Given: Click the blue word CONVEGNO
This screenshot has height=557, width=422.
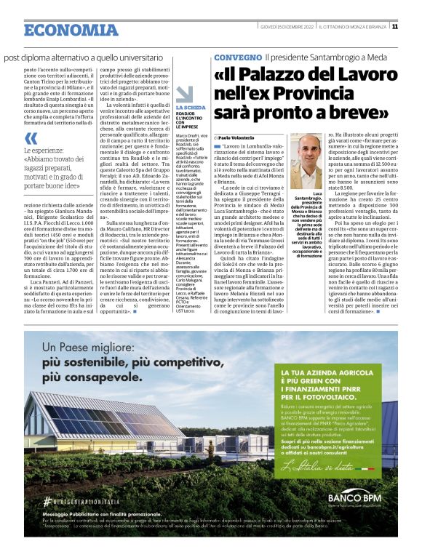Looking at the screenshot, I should pos(236,57).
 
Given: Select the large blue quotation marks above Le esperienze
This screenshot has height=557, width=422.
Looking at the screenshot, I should pos(30,138).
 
